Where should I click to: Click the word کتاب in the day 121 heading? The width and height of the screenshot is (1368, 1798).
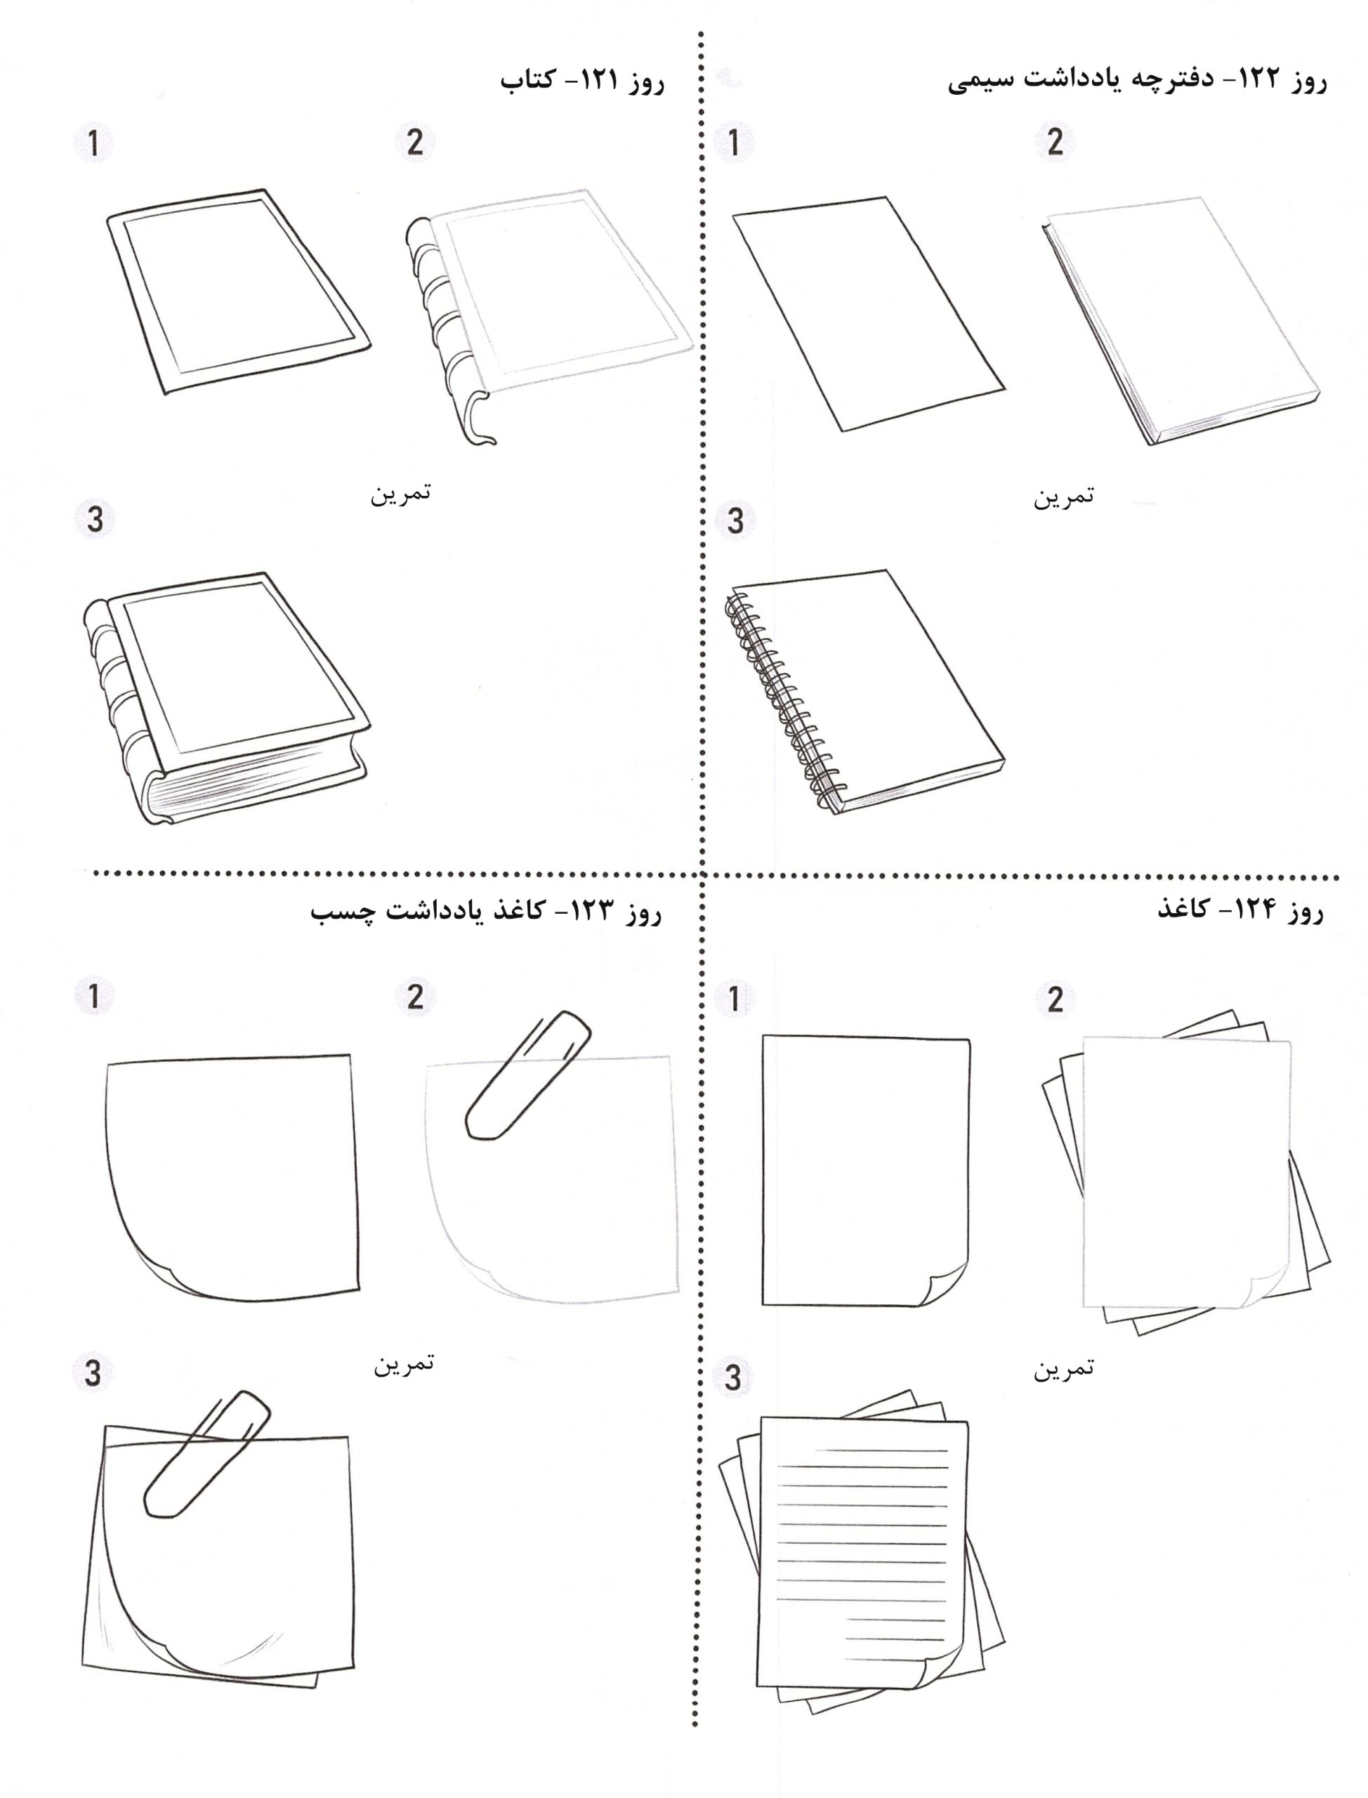point(527,82)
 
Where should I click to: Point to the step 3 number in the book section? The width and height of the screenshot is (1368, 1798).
point(95,520)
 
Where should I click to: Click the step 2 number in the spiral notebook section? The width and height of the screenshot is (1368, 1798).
point(1055,142)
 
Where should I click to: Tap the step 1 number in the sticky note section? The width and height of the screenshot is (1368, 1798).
point(96,997)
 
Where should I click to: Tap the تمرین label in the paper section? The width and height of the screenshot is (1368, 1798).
point(1063,1368)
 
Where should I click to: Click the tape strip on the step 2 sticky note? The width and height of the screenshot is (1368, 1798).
point(527,1075)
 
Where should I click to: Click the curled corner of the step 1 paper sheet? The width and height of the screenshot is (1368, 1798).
point(945,1287)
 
